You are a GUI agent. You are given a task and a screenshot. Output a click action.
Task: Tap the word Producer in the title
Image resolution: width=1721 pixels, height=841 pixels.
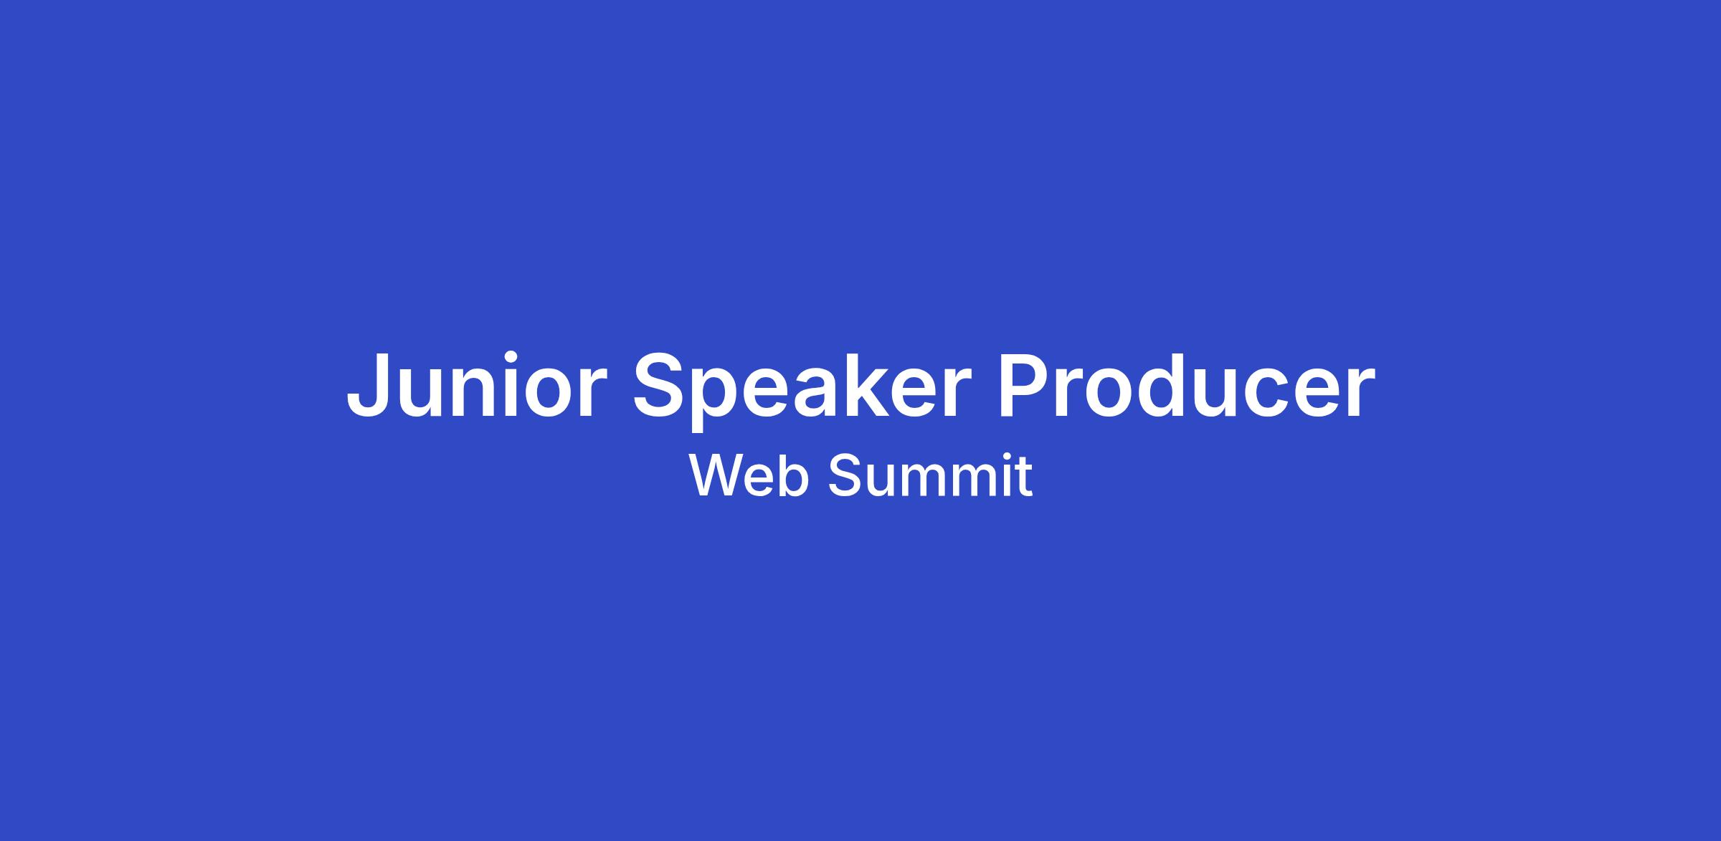click(1187, 384)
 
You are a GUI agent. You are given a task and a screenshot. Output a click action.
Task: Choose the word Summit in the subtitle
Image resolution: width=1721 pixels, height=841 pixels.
click(931, 475)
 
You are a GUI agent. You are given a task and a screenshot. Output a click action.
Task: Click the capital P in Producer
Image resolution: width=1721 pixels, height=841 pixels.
click(1026, 385)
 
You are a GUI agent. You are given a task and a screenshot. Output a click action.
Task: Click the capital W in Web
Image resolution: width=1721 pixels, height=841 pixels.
click(718, 475)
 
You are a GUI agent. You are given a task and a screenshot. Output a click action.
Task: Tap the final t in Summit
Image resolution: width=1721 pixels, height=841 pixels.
click(1024, 477)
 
